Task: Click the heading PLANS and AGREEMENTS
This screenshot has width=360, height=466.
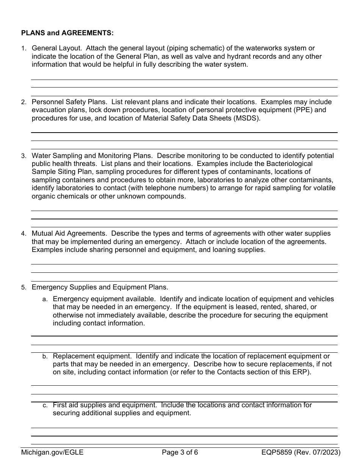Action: pos(67,33)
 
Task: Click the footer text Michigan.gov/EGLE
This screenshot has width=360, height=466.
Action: pos(52,452)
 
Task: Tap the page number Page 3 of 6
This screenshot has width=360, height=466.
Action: pos(180,452)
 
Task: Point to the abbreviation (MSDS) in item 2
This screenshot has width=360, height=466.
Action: pos(248,118)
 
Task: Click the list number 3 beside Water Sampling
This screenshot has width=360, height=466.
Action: pos(23,156)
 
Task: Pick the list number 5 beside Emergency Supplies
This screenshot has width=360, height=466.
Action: pos(23,288)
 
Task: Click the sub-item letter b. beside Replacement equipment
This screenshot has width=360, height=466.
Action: pos(45,357)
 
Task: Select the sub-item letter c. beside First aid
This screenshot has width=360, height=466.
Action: pos(45,405)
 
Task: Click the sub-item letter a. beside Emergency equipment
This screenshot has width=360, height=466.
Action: pos(45,299)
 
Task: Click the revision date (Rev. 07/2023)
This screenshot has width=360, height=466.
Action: pos(320,452)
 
